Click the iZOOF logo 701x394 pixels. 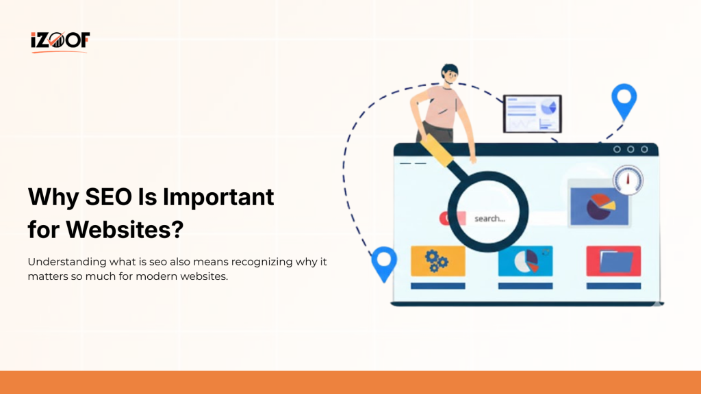tap(60, 41)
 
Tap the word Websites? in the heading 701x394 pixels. tap(125, 230)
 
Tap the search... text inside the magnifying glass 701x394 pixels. tap(489, 219)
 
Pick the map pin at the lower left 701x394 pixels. tap(384, 263)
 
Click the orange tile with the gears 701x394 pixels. tap(437, 261)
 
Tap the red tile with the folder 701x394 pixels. tap(613, 261)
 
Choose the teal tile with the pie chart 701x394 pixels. tap(525, 261)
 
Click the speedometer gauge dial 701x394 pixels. tap(628, 179)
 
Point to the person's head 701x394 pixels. tap(450, 73)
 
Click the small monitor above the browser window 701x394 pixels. tap(532, 113)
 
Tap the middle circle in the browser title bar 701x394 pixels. tap(630, 149)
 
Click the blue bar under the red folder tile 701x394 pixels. tap(613, 286)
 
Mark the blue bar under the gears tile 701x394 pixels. tap(437, 286)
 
